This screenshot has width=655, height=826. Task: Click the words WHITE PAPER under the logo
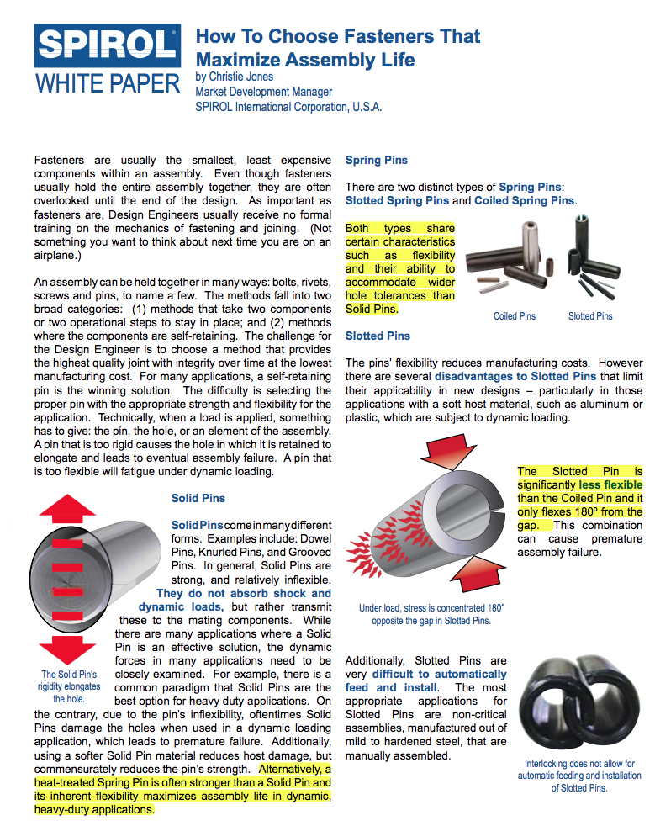coord(108,83)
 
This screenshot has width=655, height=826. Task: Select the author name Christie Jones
coord(235,77)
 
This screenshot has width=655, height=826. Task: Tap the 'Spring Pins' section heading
coord(376,160)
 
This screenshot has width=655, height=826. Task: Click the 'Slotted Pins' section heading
coord(378,336)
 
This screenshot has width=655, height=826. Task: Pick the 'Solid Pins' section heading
coord(198,498)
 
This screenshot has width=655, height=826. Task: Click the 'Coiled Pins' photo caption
coord(515,316)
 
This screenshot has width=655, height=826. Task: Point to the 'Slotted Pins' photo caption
coord(590,316)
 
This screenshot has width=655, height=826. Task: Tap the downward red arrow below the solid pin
coord(67,649)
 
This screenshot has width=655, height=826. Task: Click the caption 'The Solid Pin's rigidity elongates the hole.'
coord(70,686)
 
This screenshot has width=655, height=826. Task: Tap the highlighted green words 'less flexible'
coord(610,484)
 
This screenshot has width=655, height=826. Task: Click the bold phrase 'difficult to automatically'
coord(440,674)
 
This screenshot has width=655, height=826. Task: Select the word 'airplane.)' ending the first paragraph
coord(60,255)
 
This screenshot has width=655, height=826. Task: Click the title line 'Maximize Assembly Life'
coord(305,60)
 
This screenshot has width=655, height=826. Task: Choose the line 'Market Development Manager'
coord(263,92)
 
